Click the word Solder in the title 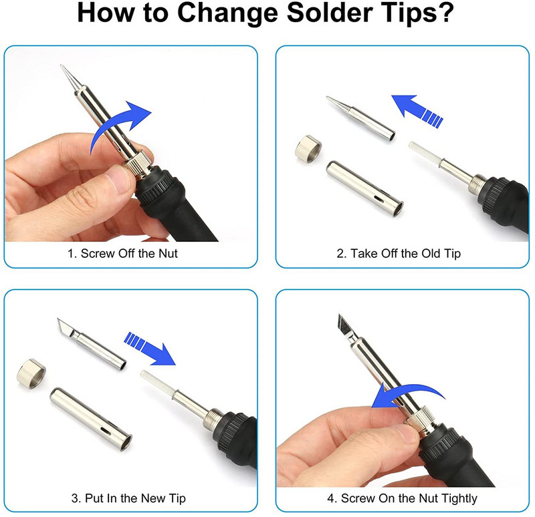point(330,13)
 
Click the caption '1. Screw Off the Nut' point(122,254)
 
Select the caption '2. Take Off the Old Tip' point(399,254)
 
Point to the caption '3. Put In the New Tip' point(128,498)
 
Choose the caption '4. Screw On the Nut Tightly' point(402,498)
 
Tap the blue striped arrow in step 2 point(417,110)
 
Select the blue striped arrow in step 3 point(149,347)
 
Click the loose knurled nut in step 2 point(308,149)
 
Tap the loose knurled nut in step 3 point(31,374)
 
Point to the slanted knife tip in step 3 point(92,344)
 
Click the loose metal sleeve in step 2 point(364,188)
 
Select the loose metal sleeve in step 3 point(91,418)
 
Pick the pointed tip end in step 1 point(62,65)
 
